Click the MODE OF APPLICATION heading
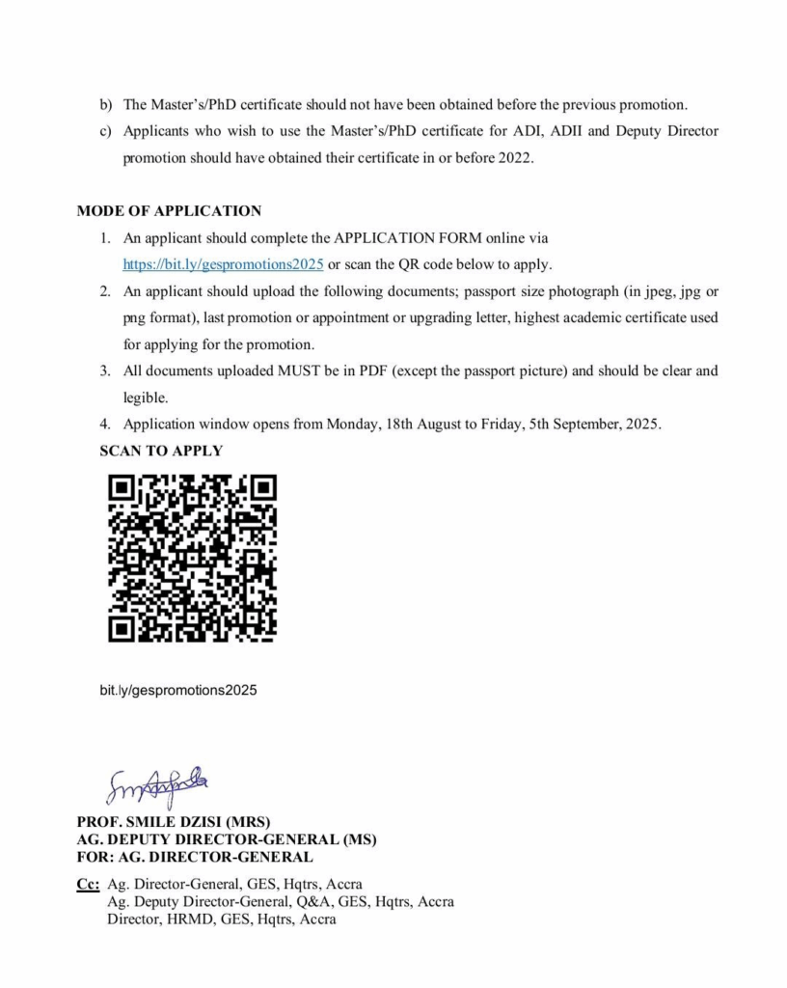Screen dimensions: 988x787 [x=169, y=210]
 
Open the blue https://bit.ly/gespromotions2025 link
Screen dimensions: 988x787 [x=223, y=263]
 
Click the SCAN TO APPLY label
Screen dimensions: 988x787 [x=161, y=451]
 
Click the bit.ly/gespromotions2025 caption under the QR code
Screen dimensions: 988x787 [x=178, y=691]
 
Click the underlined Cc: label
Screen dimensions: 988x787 [x=88, y=884]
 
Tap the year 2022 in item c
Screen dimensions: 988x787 [x=514, y=157]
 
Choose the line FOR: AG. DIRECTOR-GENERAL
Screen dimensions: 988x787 [x=195, y=857]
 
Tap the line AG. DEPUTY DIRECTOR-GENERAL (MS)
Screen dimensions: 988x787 [x=227, y=839]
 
